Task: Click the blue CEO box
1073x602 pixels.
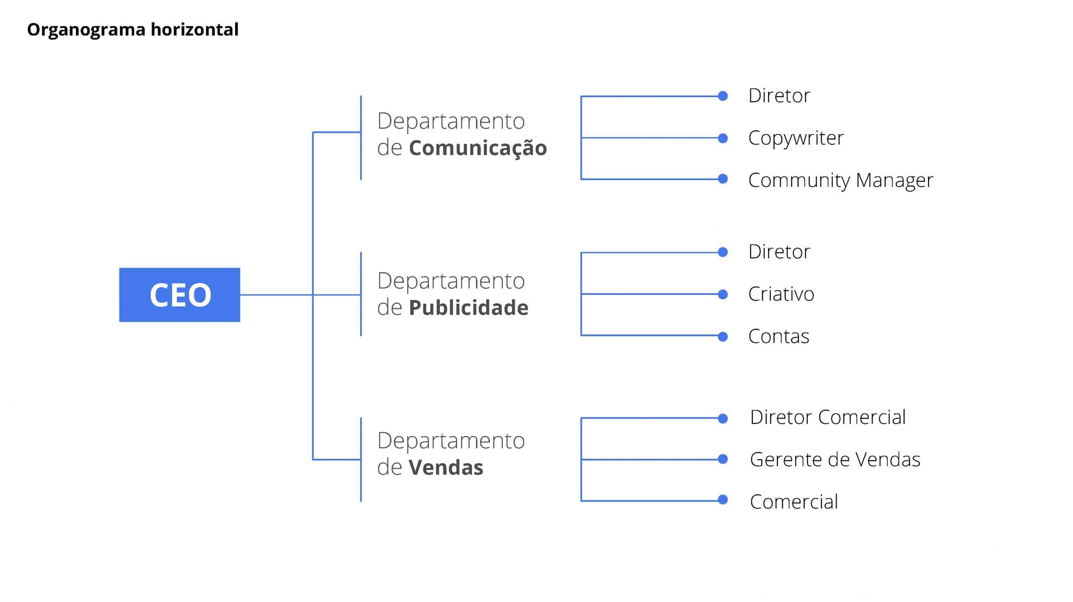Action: (x=179, y=295)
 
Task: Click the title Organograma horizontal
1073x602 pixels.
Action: (x=133, y=30)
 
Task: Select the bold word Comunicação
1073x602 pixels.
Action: (x=478, y=148)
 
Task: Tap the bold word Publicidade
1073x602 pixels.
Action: (x=469, y=307)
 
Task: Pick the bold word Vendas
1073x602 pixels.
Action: (x=446, y=468)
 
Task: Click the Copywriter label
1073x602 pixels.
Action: (x=796, y=138)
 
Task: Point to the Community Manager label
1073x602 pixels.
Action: (x=841, y=181)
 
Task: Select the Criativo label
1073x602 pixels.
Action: (x=781, y=294)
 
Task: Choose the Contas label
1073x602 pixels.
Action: (x=779, y=336)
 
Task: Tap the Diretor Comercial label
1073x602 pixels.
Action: (x=828, y=417)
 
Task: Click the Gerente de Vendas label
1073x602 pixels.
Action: (x=835, y=460)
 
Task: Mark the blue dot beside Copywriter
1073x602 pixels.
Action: (x=723, y=138)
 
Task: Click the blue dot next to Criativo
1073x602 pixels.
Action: (x=723, y=294)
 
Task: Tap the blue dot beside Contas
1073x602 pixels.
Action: (x=723, y=336)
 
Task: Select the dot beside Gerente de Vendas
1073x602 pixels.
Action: (x=723, y=459)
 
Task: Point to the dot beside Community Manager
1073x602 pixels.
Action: (x=723, y=179)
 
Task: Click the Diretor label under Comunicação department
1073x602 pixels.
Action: (x=779, y=96)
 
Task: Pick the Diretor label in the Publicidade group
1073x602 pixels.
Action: (x=779, y=252)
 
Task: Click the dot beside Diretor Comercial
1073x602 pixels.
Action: (x=723, y=418)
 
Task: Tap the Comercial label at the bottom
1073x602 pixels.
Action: (x=794, y=502)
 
